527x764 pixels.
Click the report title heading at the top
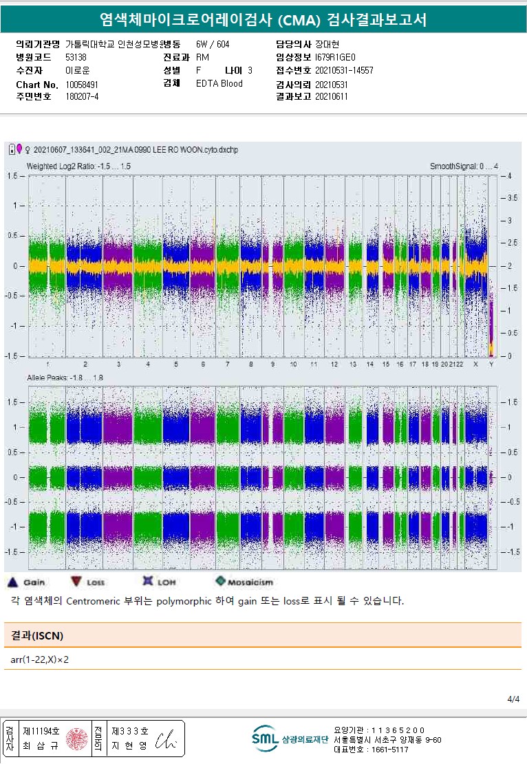tap(263, 20)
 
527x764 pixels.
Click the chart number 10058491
tap(82, 84)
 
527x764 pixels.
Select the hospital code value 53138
tap(76, 57)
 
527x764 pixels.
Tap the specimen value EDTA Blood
tap(219, 84)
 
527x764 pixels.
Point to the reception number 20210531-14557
tap(344, 70)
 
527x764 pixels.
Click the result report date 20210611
tap(332, 97)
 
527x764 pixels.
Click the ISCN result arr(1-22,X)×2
tap(40, 660)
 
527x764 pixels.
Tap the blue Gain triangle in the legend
tap(12, 582)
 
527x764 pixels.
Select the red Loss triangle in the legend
tap(76, 582)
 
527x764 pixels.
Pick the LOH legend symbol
tap(147, 582)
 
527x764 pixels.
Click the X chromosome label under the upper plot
tap(475, 363)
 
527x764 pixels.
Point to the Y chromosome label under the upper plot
tap(491, 363)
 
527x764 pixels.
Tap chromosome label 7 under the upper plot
tap(227, 363)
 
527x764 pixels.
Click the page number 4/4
tap(513, 699)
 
